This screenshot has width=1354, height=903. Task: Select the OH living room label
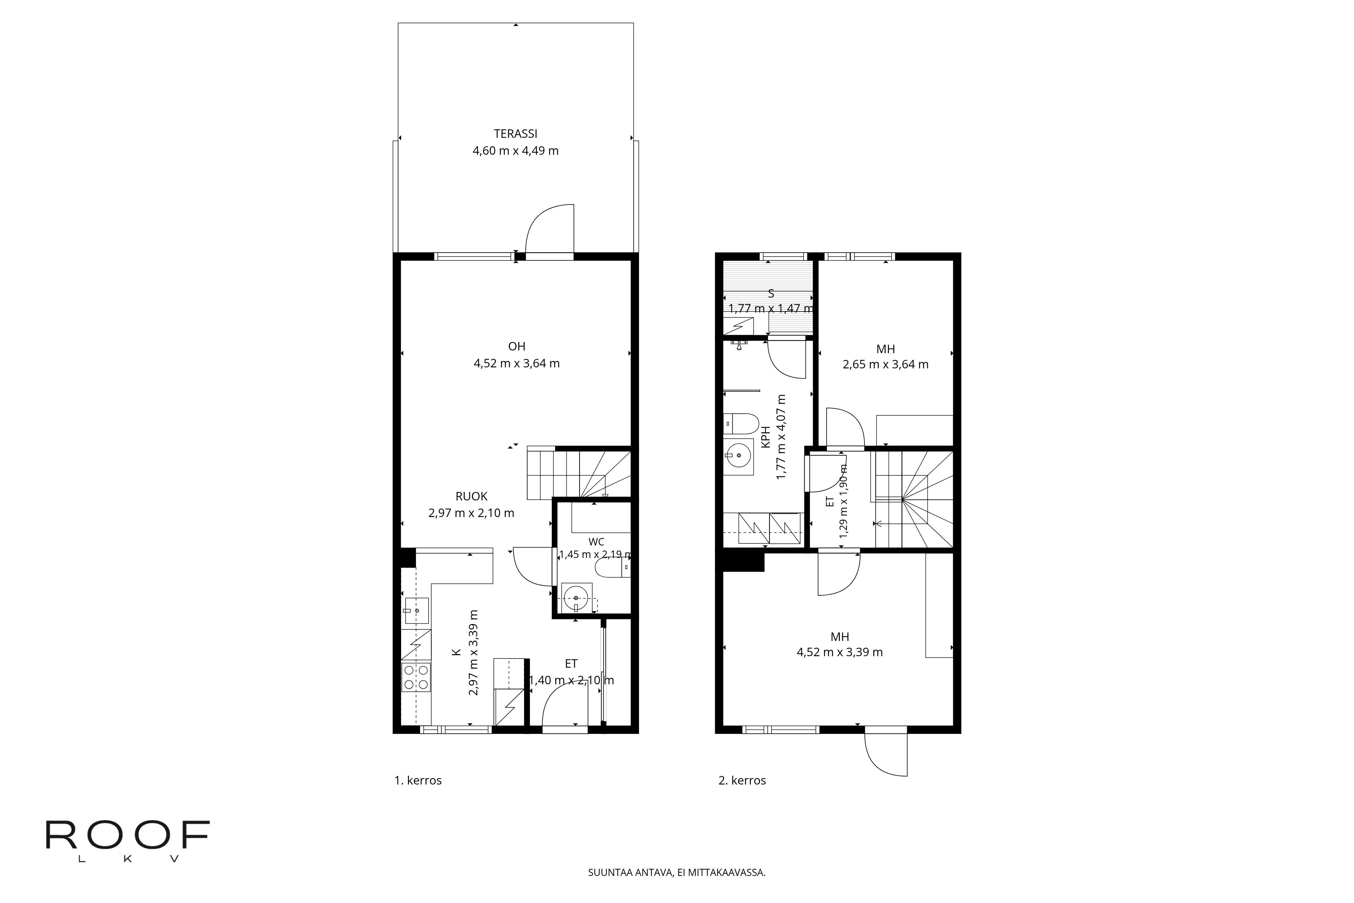tap(517, 346)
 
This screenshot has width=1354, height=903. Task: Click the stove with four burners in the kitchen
tap(416, 677)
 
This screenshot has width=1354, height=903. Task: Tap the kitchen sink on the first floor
tap(416, 610)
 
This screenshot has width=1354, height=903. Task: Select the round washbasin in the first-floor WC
tap(576, 598)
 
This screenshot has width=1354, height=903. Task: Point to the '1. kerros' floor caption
tap(418, 781)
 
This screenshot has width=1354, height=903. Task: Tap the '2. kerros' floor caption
tap(742, 781)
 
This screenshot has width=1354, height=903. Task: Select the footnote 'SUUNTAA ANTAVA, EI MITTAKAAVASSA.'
tap(676, 873)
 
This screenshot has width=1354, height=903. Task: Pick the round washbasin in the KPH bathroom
tap(738, 455)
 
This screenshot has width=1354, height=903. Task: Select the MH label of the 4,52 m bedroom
tap(839, 637)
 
